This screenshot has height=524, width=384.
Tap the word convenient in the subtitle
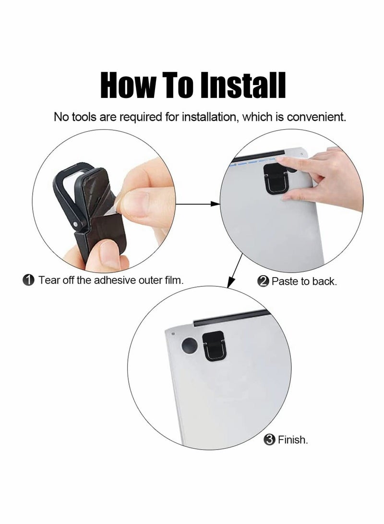click(x=316, y=117)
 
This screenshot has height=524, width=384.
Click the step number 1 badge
click(x=29, y=280)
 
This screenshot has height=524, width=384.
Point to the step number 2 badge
click(x=263, y=281)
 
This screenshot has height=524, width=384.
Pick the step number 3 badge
click(x=269, y=440)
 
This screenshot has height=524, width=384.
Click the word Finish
click(x=292, y=440)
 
